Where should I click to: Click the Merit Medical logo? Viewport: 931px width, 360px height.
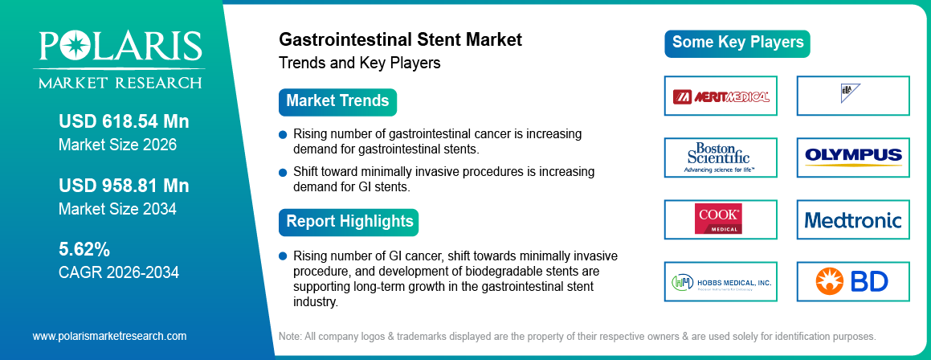pyautogui.click(x=721, y=96)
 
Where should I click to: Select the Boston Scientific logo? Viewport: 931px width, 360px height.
pyautogui.click(x=721, y=157)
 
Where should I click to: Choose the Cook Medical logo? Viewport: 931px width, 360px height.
pyautogui.click(x=721, y=219)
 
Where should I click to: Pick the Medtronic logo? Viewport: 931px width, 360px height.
pyautogui.click(x=853, y=219)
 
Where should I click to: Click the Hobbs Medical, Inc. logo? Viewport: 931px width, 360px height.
pyautogui.click(x=721, y=282)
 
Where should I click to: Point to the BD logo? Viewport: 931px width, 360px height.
pyautogui.click(x=853, y=282)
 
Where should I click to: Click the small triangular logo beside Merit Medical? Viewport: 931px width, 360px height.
pyautogui.click(x=850, y=91)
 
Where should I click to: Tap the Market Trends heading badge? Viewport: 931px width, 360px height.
pyautogui.click(x=337, y=101)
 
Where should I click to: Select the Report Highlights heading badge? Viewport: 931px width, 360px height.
pyautogui.click(x=349, y=221)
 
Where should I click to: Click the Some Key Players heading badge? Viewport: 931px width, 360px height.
pyautogui.click(x=737, y=43)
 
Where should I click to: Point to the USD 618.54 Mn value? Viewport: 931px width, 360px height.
pyautogui.click(x=124, y=122)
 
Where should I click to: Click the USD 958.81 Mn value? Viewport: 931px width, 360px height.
pyautogui.click(x=124, y=186)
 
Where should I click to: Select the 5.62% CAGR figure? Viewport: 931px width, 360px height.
pyautogui.click(x=84, y=248)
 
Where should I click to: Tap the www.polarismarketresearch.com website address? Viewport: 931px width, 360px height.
pyautogui.click(x=109, y=336)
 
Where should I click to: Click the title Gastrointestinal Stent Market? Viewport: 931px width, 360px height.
pyautogui.click(x=400, y=39)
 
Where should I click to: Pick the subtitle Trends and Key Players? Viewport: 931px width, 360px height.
pyautogui.click(x=359, y=63)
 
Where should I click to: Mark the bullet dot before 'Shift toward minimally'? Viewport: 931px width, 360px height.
pyautogui.click(x=283, y=172)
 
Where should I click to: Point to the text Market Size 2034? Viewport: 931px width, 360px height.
pyautogui.click(x=117, y=209)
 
